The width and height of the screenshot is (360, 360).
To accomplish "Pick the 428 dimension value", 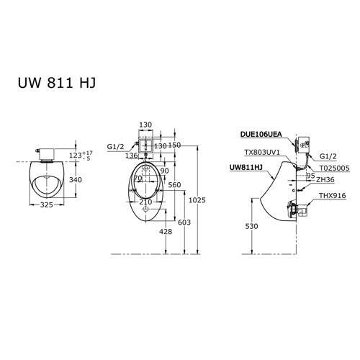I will click(x=166, y=231).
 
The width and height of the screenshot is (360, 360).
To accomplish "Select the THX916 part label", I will click(x=330, y=196).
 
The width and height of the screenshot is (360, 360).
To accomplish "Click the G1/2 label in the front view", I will click(x=116, y=146).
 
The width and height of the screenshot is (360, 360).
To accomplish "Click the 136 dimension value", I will click(x=131, y=155).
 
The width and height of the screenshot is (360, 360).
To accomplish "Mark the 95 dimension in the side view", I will click(x=310, y=175).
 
